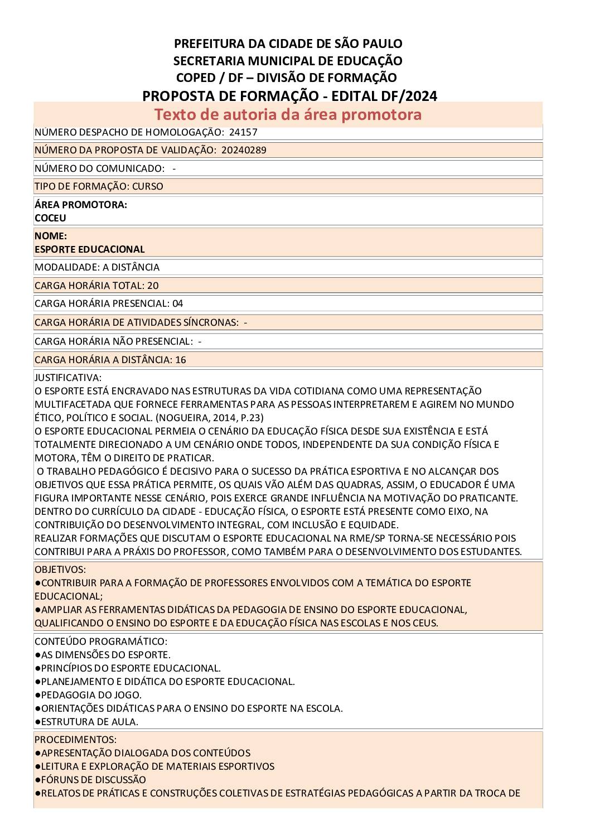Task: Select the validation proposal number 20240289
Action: (244, 150)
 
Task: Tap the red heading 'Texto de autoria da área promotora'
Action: (288, 114)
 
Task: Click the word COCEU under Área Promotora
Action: (50, 218)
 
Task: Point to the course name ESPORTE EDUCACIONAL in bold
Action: (90, 249)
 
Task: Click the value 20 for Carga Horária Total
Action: (153, 286)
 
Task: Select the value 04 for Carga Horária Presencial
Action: (177, 303)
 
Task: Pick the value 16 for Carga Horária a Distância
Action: (181, 360)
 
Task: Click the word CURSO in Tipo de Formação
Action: (148, 186)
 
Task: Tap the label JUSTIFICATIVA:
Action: (68, 378)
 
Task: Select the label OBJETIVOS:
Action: (60, 569)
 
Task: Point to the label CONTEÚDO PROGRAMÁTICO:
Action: (101, 641)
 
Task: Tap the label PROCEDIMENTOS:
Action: (75, 740)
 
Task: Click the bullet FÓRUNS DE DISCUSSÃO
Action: (94, 780)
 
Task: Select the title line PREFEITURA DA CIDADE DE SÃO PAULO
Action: (288, 44)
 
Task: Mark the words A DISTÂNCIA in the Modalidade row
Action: (131, 267)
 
